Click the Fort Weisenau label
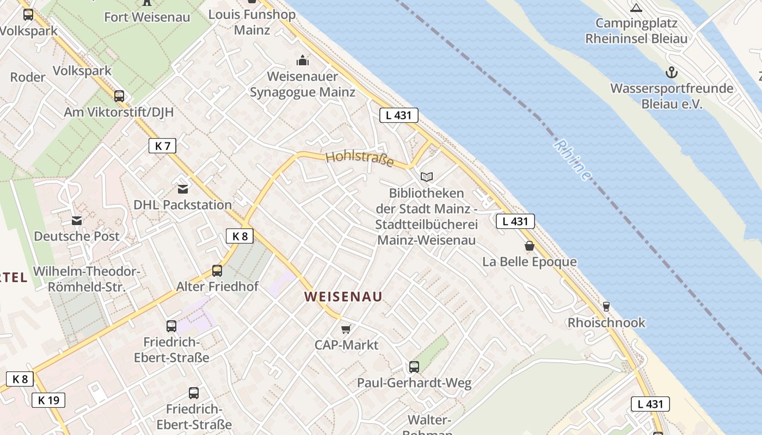point(147,17)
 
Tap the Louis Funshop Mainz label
point(252,22)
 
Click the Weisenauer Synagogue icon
point(302,60)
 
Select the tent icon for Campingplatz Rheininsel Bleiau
point(636,8)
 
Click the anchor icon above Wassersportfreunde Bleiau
point(672,72)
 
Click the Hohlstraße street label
point(359,159)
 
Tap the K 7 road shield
point(162,146)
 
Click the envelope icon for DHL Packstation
point(183,189)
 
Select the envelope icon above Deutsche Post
point(76,221)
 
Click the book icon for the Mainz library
point(427,177)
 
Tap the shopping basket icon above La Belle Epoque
point(530,246)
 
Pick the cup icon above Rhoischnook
point(606,307)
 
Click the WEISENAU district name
point(343,297)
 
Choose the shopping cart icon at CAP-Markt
point(346,329)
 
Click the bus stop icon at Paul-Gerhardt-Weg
point(414,367)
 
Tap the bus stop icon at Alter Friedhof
point(217,271)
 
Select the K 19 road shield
point(48,401)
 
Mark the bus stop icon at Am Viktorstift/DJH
point(119,96)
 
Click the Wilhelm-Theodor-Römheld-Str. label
point(87,279)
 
